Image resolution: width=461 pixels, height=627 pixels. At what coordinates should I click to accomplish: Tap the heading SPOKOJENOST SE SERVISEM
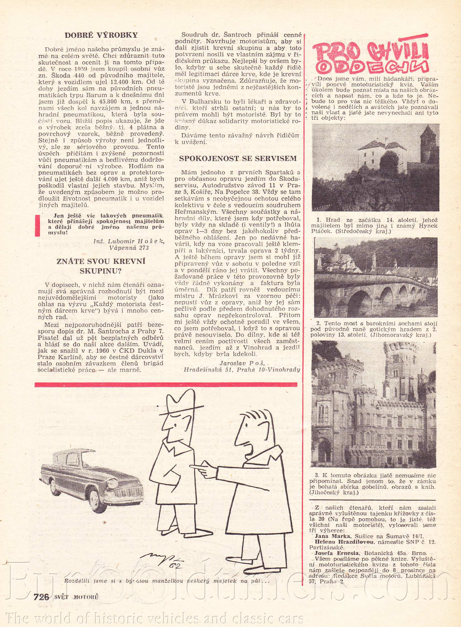point(237,158)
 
